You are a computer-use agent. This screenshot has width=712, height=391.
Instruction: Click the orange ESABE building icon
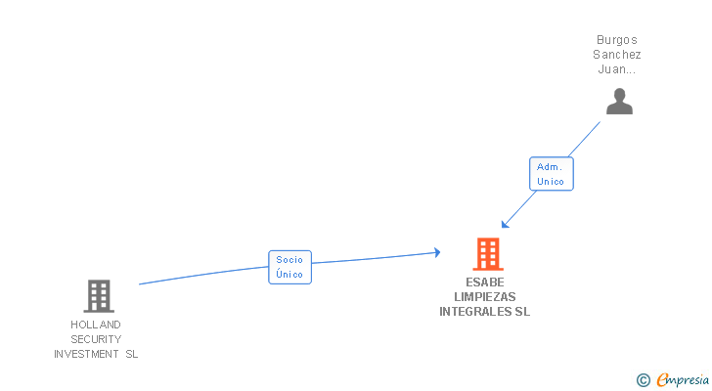click(488, 254)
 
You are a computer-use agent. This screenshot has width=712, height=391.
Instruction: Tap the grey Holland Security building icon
click(99, 296)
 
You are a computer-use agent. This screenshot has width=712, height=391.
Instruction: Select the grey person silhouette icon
click(619, 101)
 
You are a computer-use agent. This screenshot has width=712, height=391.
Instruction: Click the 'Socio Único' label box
click(289, 267)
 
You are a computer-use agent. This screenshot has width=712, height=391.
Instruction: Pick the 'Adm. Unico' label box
click(552, 174)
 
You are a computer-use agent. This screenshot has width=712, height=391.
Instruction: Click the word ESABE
click(485, 282)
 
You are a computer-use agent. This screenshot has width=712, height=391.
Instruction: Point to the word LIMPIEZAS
click(485, 296)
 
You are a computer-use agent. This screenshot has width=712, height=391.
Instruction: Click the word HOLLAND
click(96, 325)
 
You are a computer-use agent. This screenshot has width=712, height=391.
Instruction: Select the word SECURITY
click(96, 339)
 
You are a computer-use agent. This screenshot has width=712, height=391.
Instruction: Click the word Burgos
click(616, 40)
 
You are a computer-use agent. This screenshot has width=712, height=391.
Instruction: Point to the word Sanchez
click(616, 55)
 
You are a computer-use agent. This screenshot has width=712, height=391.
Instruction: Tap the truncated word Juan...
click(616, 69)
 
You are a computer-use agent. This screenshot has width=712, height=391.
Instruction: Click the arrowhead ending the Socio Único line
click(437, 252)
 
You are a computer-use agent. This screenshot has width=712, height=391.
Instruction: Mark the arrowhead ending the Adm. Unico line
click(505, 224)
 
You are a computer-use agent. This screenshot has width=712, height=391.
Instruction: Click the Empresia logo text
click(683, 379)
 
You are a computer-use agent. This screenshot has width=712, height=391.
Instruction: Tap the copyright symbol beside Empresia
click(643, 380)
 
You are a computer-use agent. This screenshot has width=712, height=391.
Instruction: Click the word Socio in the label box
click(289, 260)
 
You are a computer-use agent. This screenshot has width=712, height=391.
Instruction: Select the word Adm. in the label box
click(550, 167)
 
